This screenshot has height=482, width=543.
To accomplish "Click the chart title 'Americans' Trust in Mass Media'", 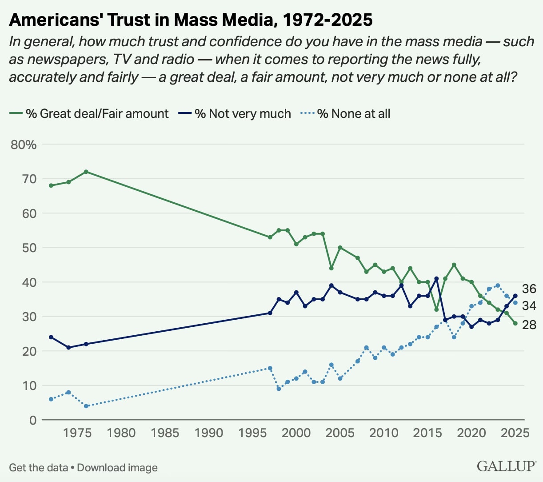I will (x=191, y=20).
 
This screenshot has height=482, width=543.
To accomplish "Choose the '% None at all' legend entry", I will (x=354, y=114).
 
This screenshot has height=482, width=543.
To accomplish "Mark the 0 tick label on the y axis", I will (x=33, y=420).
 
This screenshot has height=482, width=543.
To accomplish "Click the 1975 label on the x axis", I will (x=77, y=433).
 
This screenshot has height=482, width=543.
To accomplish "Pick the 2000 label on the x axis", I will (x=296, y=433).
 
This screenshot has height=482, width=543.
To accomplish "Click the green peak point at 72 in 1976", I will (x=86, y=172).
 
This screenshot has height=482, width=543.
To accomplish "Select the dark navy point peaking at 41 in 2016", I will (x=436, y=279).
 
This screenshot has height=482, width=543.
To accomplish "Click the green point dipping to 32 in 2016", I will (x=436, y=309).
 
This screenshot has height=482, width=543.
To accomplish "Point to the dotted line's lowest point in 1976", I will (x=86, y=406).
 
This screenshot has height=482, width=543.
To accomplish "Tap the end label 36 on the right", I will (x=529, y=289).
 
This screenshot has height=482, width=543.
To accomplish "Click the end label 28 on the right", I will (x=529, y=325).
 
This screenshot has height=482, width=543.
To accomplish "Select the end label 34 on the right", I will (x=529, y=305).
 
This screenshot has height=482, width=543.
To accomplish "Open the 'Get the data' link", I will (x=38, y=468).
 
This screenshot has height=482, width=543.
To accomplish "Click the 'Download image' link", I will (x=117, y=468).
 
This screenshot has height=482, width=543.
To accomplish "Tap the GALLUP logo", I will (x=506, y=466).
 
